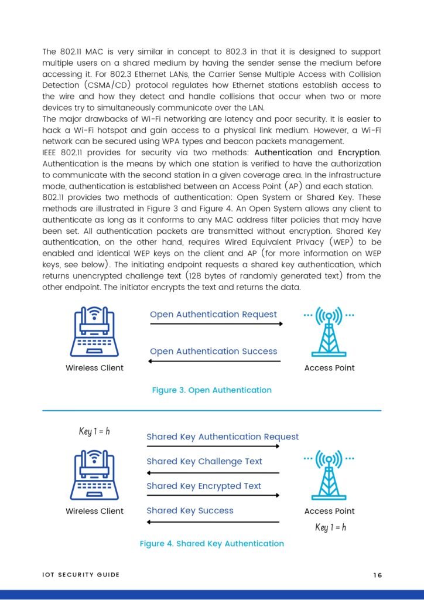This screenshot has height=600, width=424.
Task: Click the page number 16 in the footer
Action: (377, 575)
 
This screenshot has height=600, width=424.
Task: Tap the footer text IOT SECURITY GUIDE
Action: (81, 575)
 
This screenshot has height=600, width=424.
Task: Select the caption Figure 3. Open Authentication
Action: (211, 390)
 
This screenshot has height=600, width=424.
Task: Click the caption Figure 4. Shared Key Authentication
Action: (211, 544)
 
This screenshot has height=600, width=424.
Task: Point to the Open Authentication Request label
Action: (213, 315)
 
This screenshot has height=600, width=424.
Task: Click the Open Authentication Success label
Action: (213, 352)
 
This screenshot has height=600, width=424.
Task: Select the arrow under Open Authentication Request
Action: (216, 323)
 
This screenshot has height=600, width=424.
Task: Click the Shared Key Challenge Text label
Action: (204, 462)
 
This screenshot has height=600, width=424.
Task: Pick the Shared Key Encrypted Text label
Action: (204, 486)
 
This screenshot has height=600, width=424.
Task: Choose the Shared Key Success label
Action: (190, 511)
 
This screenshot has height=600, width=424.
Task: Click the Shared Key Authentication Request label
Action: (223, 437)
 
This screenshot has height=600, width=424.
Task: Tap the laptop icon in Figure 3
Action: (94, 333)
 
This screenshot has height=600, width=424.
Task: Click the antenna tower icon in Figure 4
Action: (329, 475)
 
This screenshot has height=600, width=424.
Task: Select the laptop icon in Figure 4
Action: (94, 475)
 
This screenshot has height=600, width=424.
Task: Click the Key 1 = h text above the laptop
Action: (94, 432)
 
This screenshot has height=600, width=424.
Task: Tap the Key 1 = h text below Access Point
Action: (330, 527)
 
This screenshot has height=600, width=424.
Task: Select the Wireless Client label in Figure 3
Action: (94, 368)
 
